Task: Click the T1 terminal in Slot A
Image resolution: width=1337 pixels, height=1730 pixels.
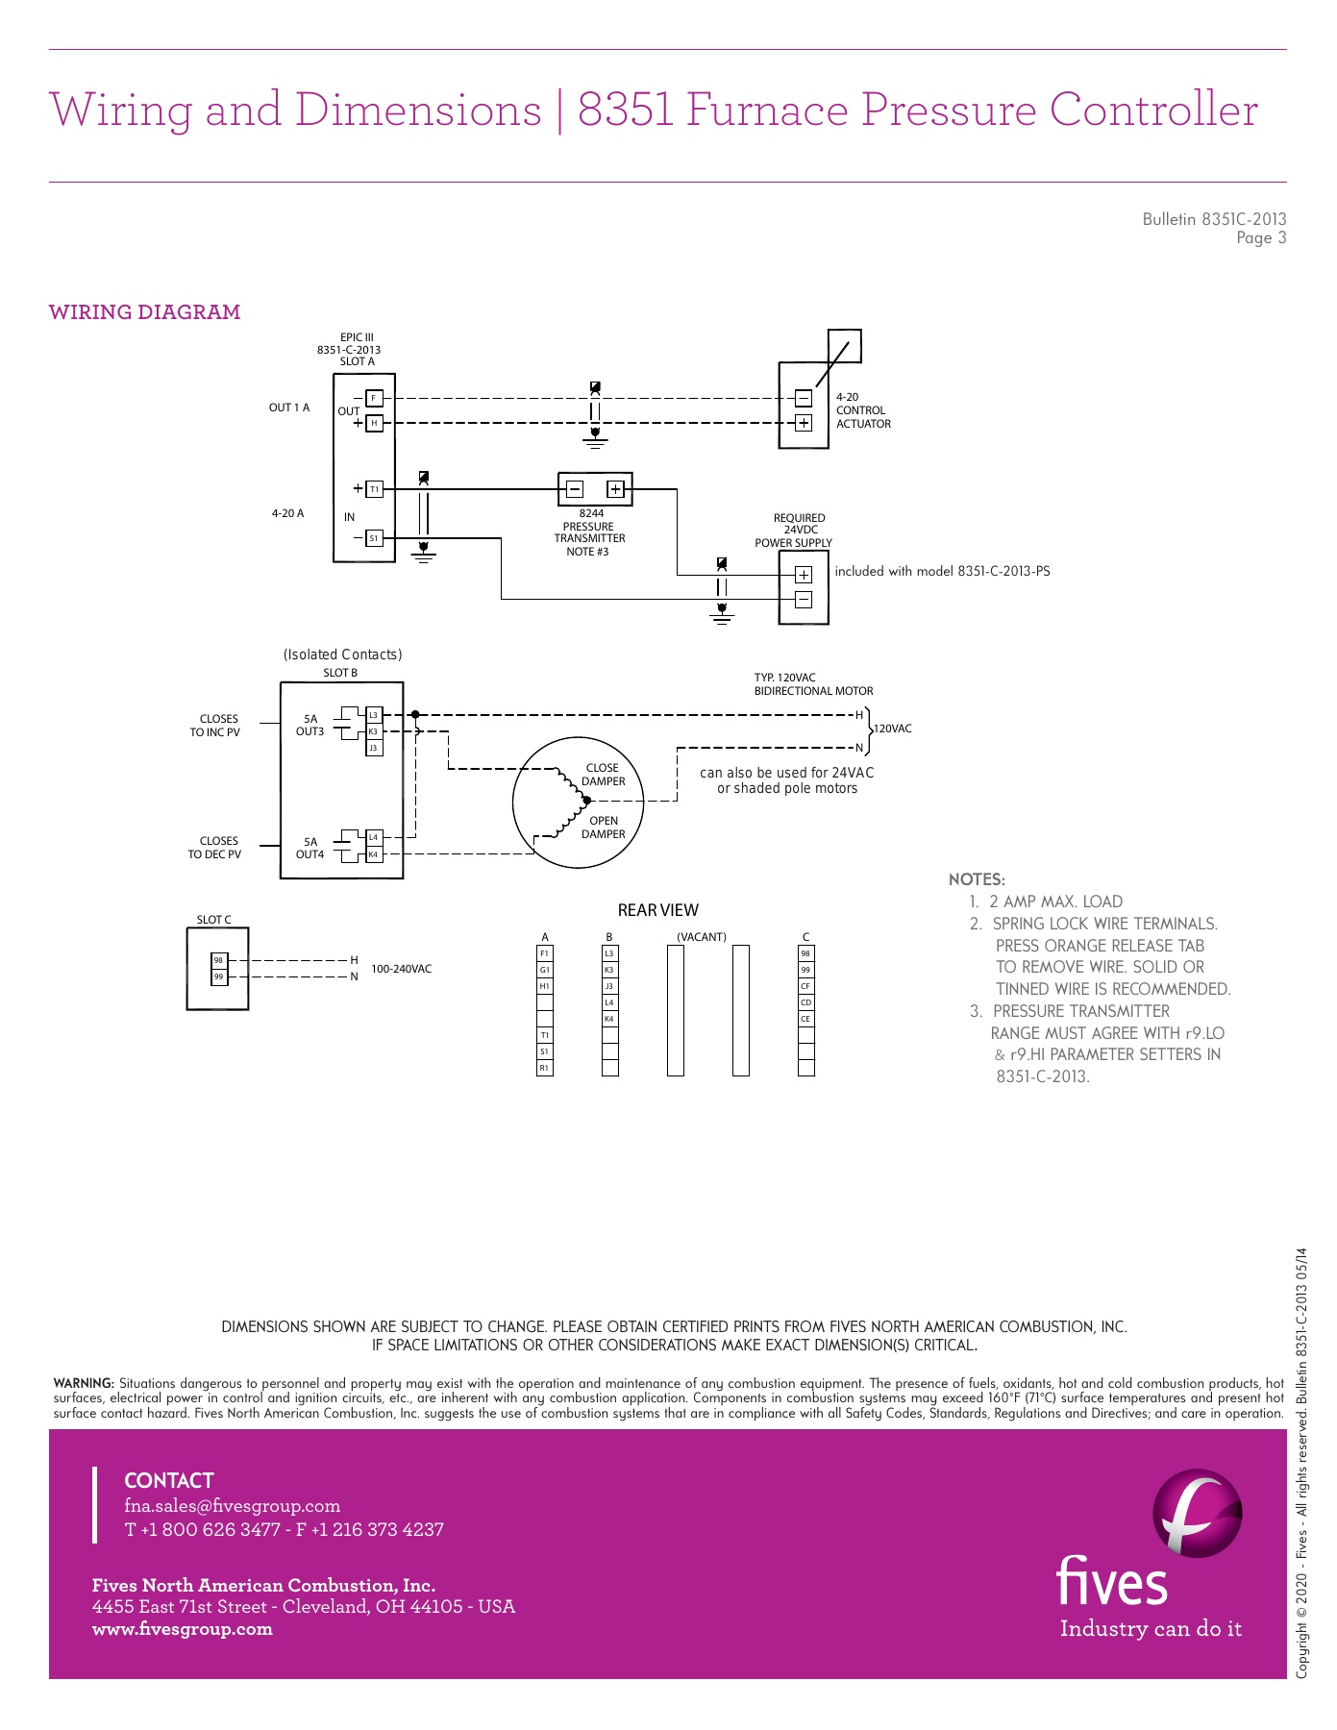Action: point(375,489)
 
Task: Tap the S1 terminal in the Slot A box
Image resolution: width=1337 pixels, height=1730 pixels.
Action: point(375,538)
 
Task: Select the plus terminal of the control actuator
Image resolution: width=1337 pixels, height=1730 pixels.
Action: point(804,423)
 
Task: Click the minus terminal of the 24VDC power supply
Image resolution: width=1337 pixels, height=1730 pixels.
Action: point(804,600)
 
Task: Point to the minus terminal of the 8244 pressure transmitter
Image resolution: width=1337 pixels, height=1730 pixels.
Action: point(574,489)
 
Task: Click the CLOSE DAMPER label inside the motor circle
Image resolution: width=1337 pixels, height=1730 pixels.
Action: point(603,775)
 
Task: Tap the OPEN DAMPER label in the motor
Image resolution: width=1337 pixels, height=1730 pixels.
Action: point(603,828)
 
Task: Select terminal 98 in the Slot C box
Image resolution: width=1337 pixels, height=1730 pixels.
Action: point(219,960)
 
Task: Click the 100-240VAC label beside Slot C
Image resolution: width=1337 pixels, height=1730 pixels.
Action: point(401,969)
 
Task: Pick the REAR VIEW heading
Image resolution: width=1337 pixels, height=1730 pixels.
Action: point(657,910)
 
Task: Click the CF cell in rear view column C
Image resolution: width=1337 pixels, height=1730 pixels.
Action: point(805,986)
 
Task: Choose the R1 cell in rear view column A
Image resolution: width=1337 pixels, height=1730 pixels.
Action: point(544,1068)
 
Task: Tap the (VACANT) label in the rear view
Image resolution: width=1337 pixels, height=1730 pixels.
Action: point(702,937)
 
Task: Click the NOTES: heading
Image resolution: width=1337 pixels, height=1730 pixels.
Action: point(977,879)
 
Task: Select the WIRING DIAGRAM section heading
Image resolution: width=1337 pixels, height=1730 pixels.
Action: point(144,312)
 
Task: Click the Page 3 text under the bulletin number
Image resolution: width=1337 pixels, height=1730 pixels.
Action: point(1261,238)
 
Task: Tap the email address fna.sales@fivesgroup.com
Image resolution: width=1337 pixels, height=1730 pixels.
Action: point(232,1506)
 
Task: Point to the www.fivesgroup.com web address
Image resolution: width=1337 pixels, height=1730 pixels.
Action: point(182,1629)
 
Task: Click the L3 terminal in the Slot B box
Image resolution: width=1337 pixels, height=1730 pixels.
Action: point(374,715)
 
